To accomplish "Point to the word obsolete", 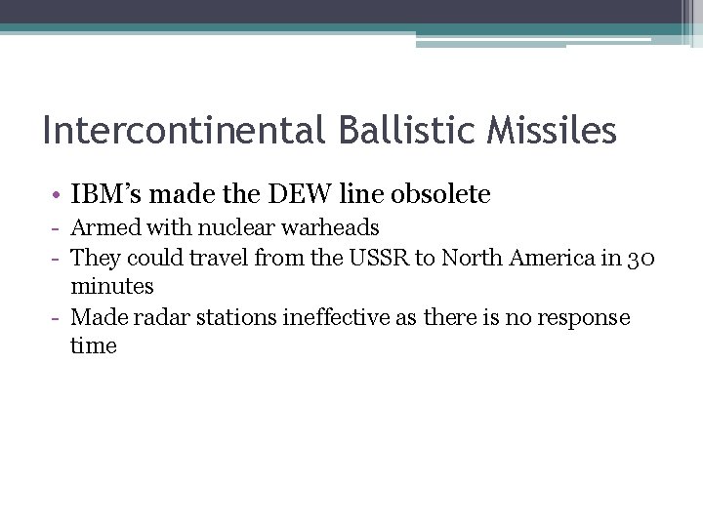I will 440,194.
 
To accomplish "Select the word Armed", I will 103,228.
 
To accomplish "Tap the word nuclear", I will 225,228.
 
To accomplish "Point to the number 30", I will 641,258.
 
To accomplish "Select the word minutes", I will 112,287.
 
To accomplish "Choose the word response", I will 582,318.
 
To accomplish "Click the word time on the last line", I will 94,346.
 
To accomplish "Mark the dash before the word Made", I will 58,318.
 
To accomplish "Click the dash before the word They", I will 58,259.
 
